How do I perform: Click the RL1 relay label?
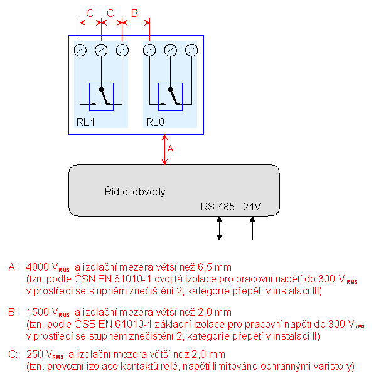[85, 122]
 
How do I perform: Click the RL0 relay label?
[155, 122]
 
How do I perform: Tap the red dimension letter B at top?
[134, 13]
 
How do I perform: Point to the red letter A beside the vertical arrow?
[170, 149]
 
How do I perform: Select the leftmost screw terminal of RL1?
[80, 50]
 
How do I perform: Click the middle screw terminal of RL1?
[101, 50]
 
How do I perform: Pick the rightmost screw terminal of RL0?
[191, 50]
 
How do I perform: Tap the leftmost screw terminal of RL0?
[149, 50]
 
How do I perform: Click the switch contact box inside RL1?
[89, 97]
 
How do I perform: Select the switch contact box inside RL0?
[158, 97]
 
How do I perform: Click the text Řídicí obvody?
[135, 191]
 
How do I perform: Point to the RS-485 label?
[218, 207]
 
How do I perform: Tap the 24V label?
[252, 207]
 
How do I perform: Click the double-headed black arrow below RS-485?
[219, 228]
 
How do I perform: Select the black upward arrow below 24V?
[252, 228]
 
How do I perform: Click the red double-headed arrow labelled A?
[165, 149]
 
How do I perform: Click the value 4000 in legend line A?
[38, 267]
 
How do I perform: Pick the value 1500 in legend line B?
[38, 312]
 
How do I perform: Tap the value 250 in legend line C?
[35, 354]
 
